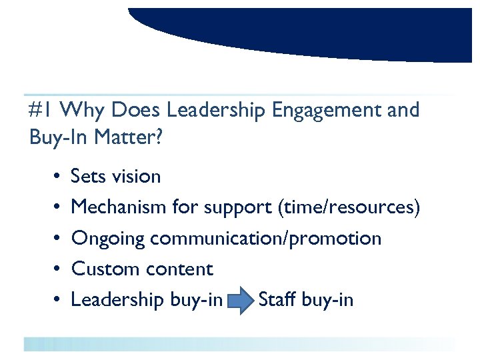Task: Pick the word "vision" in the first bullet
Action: [x=136, y=177]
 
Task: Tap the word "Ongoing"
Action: [x=108, y=239]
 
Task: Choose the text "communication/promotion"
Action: [x=266, y=239]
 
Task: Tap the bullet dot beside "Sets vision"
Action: [x=53, y=177]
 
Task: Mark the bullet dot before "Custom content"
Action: [x=53, y=270]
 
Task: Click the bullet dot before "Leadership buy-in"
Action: [x=53, y=301]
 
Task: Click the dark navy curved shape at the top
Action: [x=300, y=30]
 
